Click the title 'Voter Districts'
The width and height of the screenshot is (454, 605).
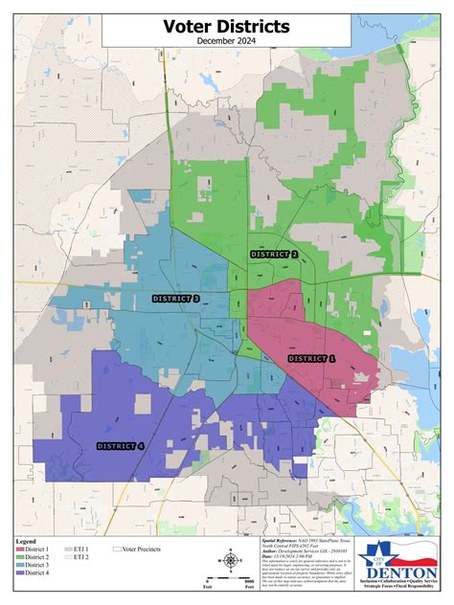coord(226,27)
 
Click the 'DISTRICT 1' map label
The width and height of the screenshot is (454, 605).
coord(312,357)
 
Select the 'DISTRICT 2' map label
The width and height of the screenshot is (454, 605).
coord(274,255)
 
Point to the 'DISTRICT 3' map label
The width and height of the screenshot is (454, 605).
coord(175,299)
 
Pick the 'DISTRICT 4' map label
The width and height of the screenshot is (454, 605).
coord(120,446)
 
